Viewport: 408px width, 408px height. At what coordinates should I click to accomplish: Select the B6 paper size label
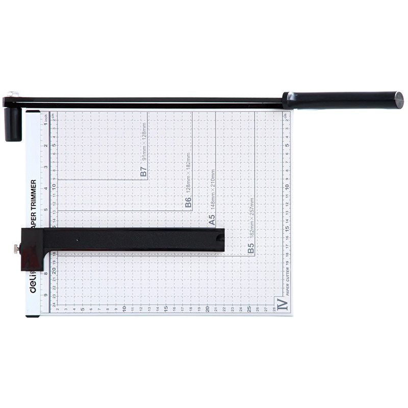(188, 203)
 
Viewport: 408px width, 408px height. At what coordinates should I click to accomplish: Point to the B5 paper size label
(250, 248)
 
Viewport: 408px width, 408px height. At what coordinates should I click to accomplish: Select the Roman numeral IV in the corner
(282, 304)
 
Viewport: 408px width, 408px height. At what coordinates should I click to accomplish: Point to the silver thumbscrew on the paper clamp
(17, 248)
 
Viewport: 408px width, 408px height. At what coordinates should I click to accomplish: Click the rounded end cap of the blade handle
(398, 100)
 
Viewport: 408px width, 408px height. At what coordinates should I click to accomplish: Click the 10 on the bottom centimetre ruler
(124, 309)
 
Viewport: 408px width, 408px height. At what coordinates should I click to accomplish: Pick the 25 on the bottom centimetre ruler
(248, 309)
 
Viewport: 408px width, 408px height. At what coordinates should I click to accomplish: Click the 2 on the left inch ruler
(46, 146)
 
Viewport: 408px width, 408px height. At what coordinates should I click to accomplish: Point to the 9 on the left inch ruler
(46, 295)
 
